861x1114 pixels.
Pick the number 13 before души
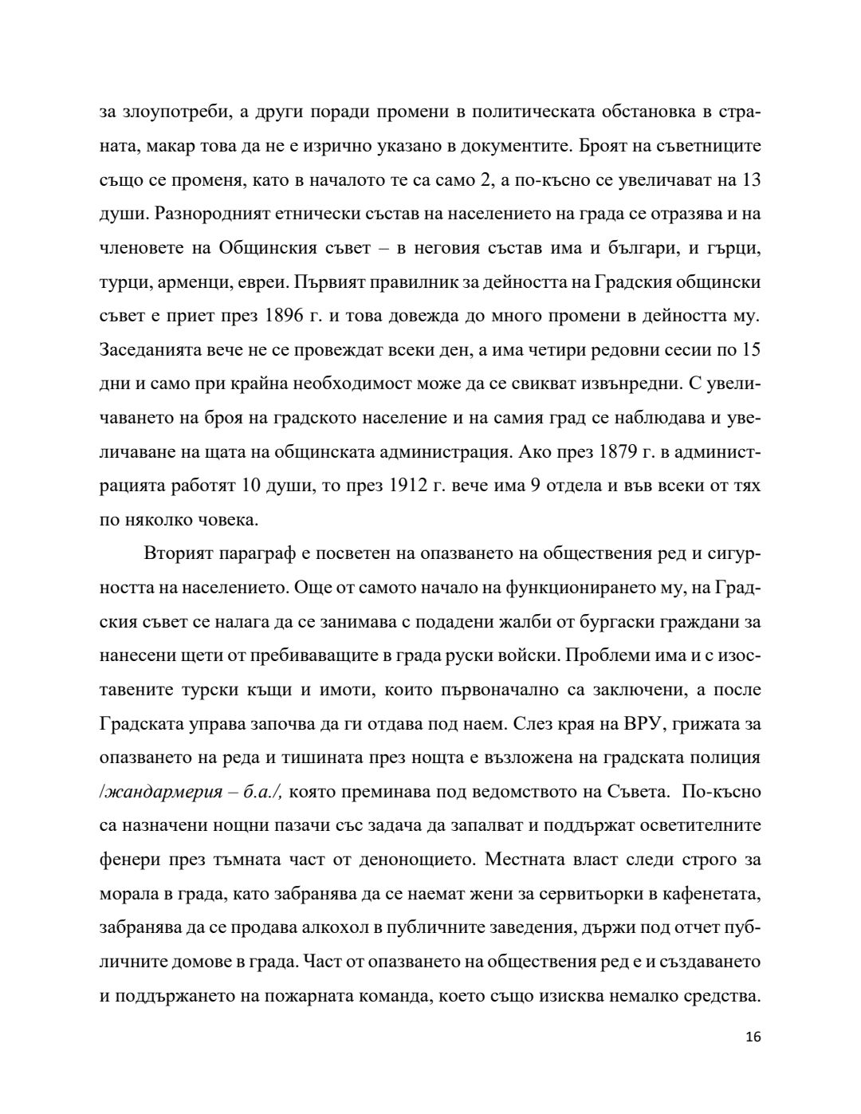750,180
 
